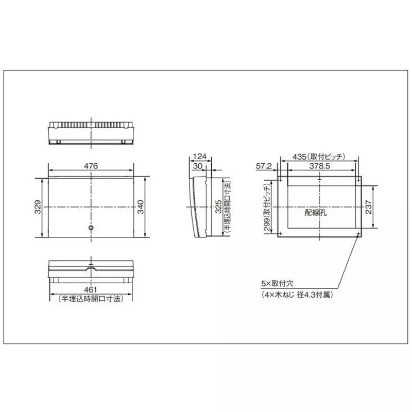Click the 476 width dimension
pyautogui.click(x=91, y=166)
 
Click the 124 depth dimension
pyautogui.click(x=201, y=156)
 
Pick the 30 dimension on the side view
pyautogui.click(x=198, y=166)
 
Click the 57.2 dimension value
pyautogui.click(x=264, y=166)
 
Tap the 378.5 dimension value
pyautogui.click(x=319, y=166)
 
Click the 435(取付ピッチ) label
pyautogui.click(x=318, y=156)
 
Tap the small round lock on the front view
pyautogui.click(x=91, y=228)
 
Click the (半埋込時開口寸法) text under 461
pyautogui.click(x=91, y=299)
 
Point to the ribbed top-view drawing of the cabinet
pyautogui.click(x=91, y=132)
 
